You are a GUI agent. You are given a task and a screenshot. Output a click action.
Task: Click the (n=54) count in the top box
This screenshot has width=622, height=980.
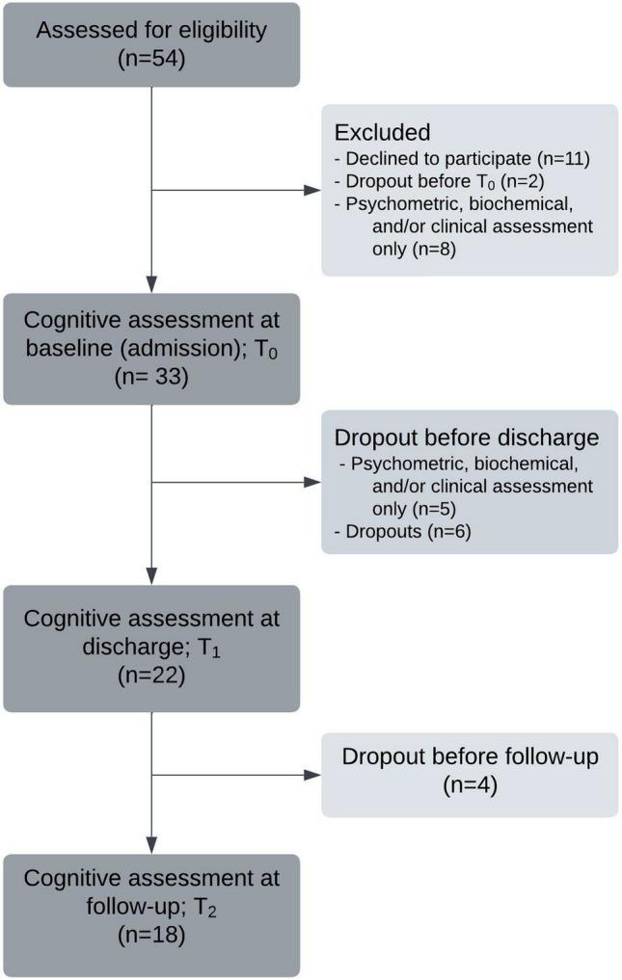[151, 60]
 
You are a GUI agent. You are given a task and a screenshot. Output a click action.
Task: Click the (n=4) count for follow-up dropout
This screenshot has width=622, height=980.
[469, 784]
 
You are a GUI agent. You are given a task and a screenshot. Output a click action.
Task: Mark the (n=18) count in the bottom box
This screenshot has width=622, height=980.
[151, 933]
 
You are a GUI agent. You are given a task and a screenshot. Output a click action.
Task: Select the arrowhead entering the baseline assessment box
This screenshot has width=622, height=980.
[152, 288]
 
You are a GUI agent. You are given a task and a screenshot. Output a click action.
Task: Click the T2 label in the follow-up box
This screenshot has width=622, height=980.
[207, 906]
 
